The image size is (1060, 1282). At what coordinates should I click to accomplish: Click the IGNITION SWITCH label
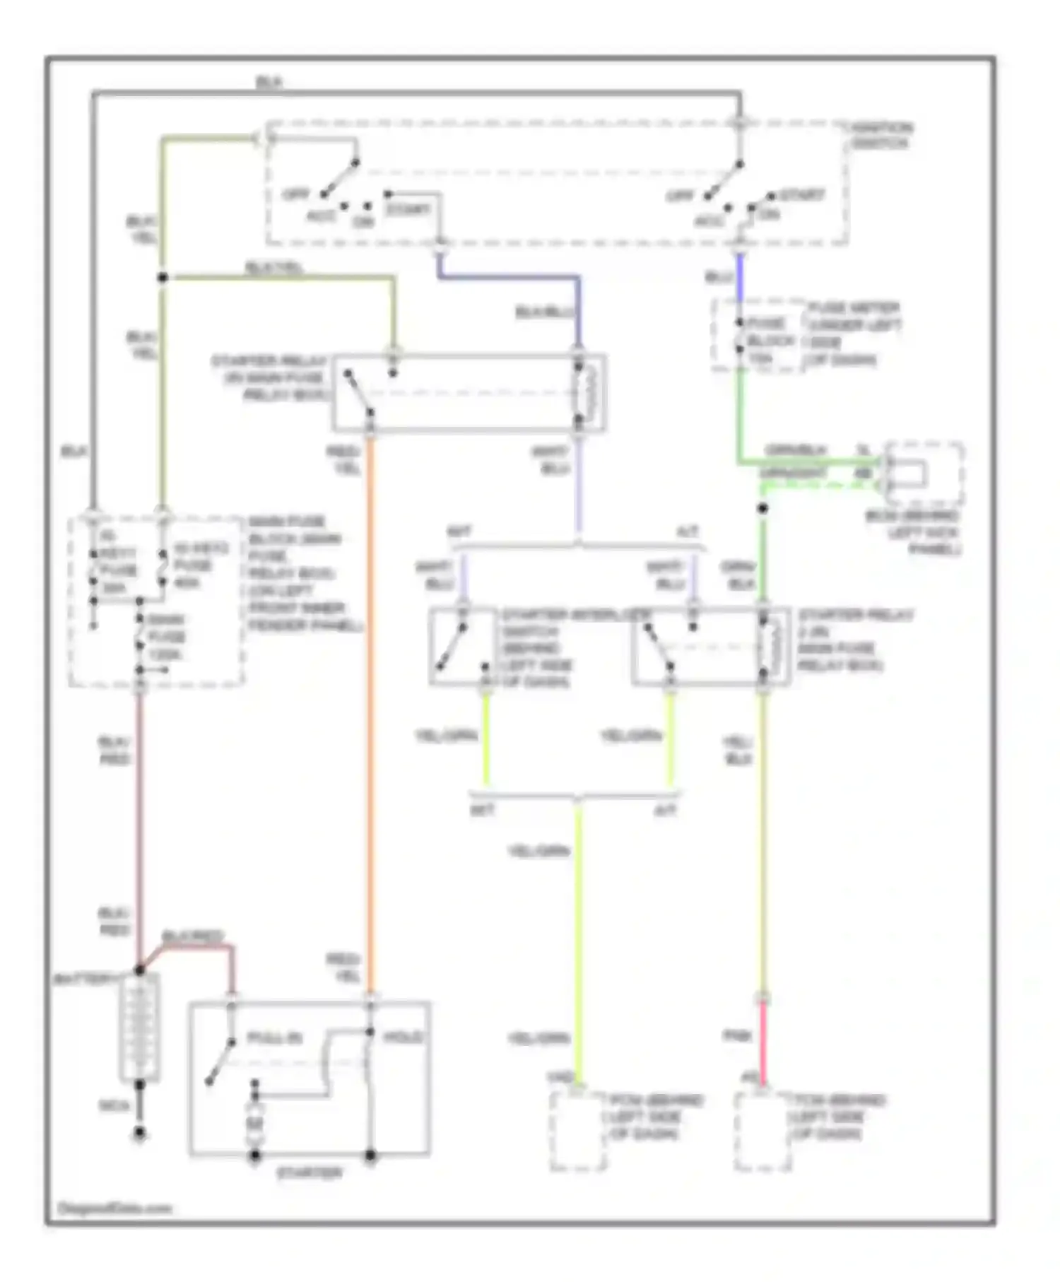click(x=881, y=136)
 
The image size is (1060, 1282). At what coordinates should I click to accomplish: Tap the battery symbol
click(x=139, y=1026)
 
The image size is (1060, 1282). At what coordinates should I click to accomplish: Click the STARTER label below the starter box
click(x=309, y=1173)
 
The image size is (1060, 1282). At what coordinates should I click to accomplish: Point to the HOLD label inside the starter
click(x=404, y=1037)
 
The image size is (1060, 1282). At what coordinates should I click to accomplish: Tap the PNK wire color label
click(x=736, y=1036)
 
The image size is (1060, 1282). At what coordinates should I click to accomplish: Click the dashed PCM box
click(x=577, y=1131)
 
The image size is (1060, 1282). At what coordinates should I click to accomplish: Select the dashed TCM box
click(x=762, y=1131)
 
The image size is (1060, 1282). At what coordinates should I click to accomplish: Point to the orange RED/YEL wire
click(x=369, y=707)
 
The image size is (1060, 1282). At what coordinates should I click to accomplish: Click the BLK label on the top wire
click(x=269, y=83)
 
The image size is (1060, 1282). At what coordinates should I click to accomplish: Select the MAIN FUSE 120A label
click(x=166, y=637)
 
